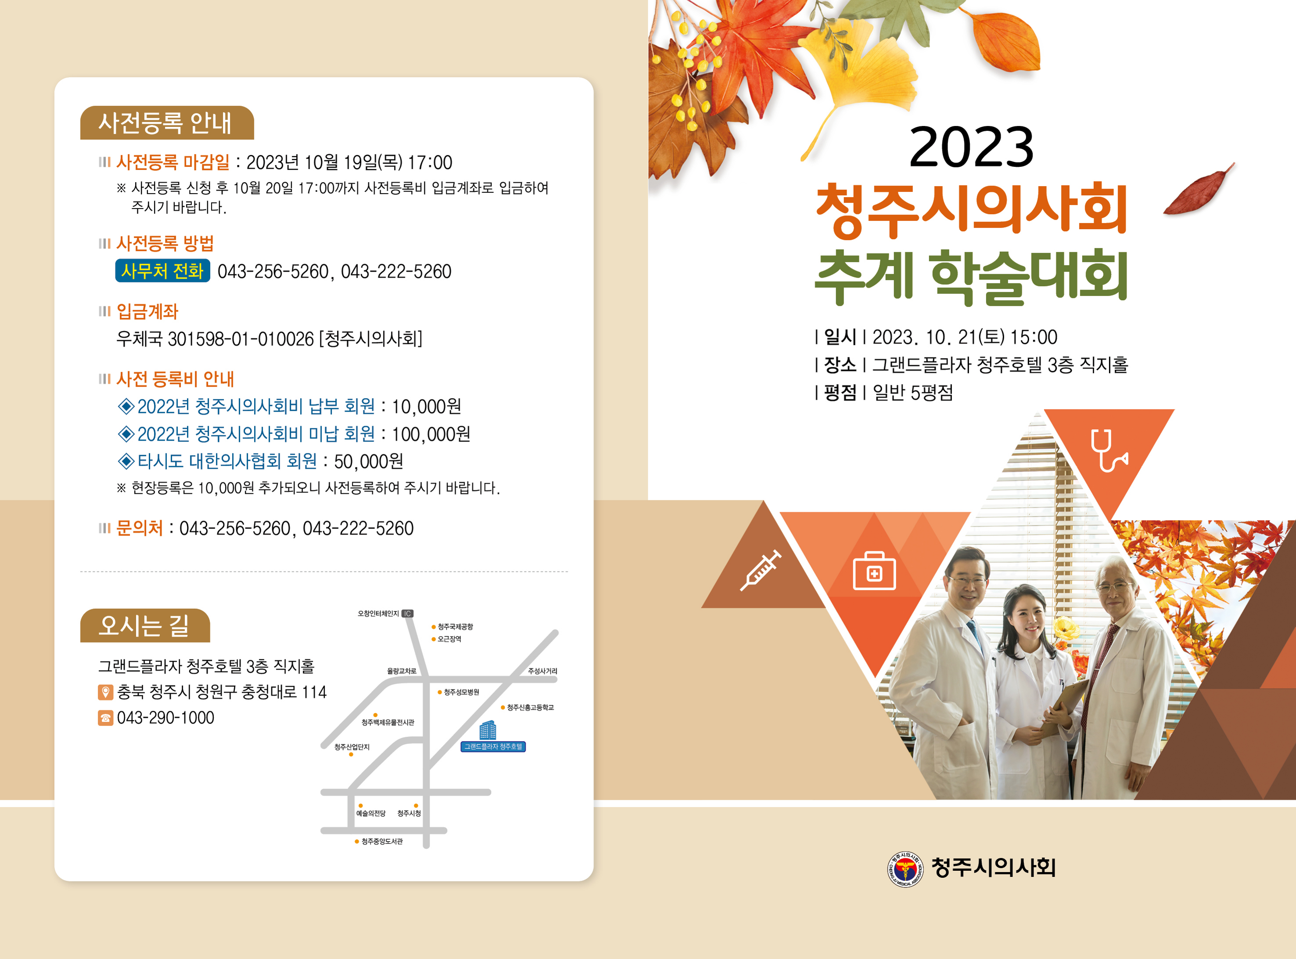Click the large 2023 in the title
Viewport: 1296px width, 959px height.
(x=971, y=147)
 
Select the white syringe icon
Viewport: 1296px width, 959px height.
(x=760, y=571)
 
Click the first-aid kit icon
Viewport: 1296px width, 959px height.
(x=874, y=571)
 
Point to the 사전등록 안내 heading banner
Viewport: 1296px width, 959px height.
(x=167, y=122)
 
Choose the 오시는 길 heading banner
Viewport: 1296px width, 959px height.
(x=144, y=625)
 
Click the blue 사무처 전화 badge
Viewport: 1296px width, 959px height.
(x=162, y=270)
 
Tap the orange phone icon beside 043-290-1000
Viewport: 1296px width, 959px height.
(x=105, y=718)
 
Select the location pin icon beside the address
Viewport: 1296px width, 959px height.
(x=105, y=692)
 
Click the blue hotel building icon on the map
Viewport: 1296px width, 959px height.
(x=488, y=730)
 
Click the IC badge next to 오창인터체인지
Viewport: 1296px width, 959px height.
(x=407, y=614)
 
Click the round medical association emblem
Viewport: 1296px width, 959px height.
(x=905, y=869)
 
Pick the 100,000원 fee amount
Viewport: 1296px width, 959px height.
(x=431, y=434)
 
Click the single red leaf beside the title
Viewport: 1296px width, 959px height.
(x=1198, y=190)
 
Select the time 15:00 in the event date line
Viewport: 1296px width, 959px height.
(x=1034, y=337)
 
